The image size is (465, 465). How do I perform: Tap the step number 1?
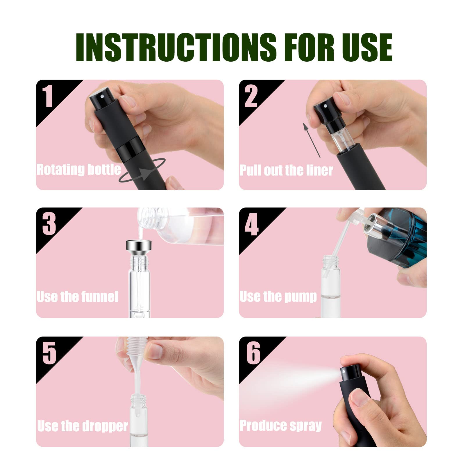[48, 96]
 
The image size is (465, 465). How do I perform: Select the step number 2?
[251, 96]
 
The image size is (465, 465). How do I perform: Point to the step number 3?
[49, 223]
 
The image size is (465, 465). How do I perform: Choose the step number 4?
[252, 224]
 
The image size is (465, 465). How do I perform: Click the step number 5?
[49, 353]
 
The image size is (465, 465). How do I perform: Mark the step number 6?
[253, 353]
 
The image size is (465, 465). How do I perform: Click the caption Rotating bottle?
[78, 169]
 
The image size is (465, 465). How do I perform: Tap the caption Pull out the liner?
[286, 170]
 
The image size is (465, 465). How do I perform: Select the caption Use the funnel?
[77, 297]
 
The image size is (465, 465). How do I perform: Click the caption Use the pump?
[278, 297]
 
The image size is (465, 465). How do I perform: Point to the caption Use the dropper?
[83, 426]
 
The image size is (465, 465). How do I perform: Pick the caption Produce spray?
[280, 425]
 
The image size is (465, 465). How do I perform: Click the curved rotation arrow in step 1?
[142, 171]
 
